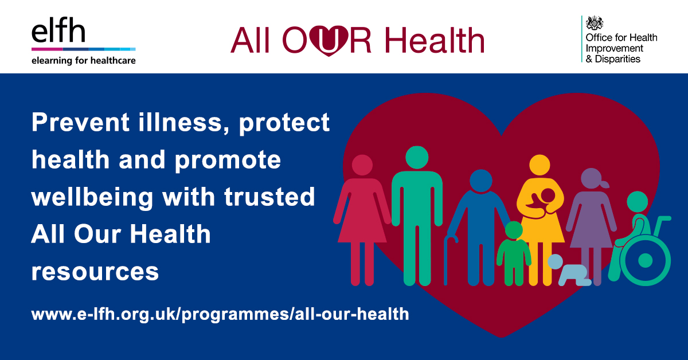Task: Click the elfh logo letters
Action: click(58, 30)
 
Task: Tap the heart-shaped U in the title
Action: click(329, 40)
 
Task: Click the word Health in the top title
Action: click(435, 40)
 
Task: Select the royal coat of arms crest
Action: click(595, 23)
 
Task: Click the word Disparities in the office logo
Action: click(617, 59)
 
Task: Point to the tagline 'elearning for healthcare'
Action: click(84, 61)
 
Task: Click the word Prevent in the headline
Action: click(80, 123)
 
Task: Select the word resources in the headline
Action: click(95, 272)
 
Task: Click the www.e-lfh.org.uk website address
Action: click(220, 315)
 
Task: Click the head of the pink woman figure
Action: click(362, 165)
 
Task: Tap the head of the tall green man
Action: click(417, 157)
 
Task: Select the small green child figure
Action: click(514, 254)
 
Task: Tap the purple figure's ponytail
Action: click(604, 185)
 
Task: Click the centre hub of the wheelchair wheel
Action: click(645, 260)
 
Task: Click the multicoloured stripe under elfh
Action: click(84, 49)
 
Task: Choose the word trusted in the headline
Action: click(269, 197)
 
